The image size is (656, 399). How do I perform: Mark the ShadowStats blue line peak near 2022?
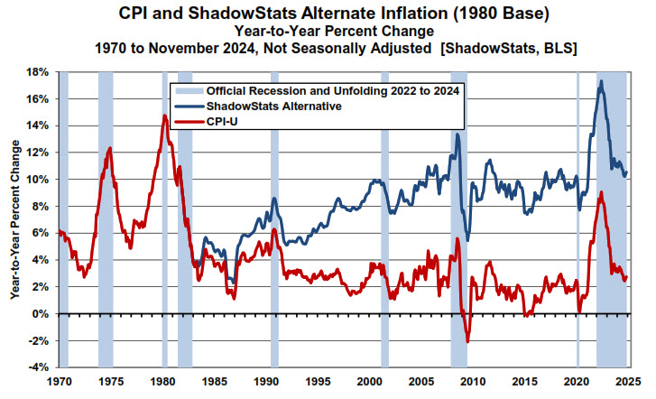pos(602,81)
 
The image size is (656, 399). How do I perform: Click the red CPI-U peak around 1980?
pos(164,116)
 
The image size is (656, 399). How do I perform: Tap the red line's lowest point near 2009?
pos(467,342)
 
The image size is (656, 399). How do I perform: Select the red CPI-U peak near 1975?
pos(109,148)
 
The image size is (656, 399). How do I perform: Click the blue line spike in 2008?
pos(457,135)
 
